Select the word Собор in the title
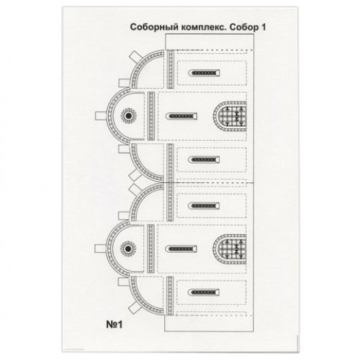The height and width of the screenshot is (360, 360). (x=242, y=27)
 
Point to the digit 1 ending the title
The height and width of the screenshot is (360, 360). (x=263, y=27)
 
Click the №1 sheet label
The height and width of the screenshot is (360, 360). (x=114, y=325)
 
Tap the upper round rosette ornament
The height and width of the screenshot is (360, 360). (x=128, y=116)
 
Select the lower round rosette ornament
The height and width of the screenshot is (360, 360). (x=128, y=249)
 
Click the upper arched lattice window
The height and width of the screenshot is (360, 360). (x=230, y=117)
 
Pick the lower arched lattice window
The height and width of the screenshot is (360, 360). (x=230, y=249)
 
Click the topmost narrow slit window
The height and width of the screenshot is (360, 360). (x=204, y=73)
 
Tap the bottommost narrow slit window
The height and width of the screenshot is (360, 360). (x=204, y=292)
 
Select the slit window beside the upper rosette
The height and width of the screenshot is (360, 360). (x=181, y=117)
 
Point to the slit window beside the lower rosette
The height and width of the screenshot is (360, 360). (x=181, y=249)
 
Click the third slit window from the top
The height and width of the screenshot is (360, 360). (x=204, y=160)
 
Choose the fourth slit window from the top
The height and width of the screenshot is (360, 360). (x=204, y=206)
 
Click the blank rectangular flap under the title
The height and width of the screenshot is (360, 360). (x=210, y=42)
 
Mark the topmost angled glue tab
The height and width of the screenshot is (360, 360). (x=135, y=57)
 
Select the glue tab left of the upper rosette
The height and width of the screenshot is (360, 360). (x=101, y=116)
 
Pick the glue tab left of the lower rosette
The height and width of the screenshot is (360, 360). (x=100, y=248)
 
